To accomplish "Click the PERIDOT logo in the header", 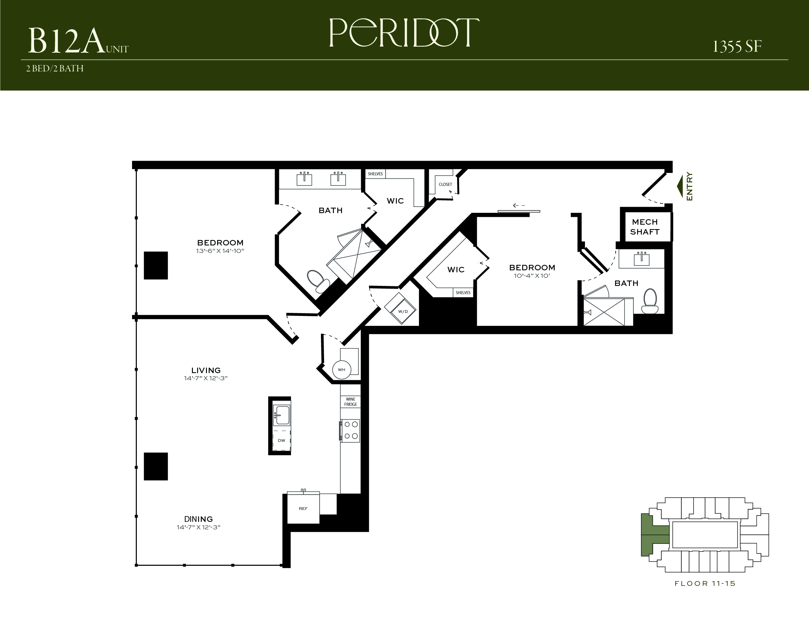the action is tap(404, 33).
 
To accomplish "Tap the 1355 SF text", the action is tap(737, 47).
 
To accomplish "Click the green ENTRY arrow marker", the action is tap(680, 186).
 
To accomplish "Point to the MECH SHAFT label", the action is tap(645, 227).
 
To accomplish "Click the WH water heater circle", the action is tap(341, 370).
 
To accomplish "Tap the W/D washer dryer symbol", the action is tap(401, 309).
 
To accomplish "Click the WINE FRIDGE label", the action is tap(351, 402).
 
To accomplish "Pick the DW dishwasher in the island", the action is tap(281, 440).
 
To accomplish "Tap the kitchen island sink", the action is tap(282, 415).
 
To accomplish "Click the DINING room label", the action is tap(198, 519).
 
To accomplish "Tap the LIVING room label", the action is tap(206, 370).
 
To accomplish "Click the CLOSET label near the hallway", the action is tap(445, 185).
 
